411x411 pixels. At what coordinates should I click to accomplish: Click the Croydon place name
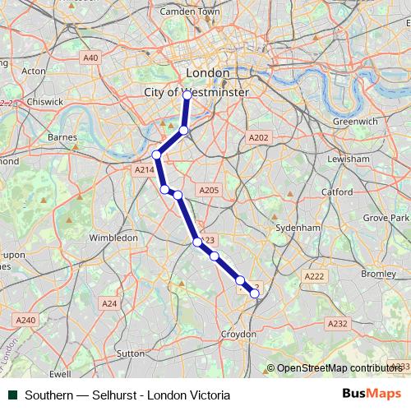(240, 335)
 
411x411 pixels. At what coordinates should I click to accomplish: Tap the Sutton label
(132, 353)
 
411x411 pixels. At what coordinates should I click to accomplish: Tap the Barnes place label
(63, 136)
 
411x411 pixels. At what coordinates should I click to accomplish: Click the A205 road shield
(209, 190)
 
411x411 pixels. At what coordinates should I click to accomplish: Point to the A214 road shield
(144, 169)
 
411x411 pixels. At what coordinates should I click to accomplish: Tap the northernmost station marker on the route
(187, 95)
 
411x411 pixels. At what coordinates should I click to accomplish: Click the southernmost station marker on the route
(255, 293)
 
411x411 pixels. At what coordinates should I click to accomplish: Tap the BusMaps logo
(376, 394)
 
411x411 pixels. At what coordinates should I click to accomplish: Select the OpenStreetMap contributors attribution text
(338, 367)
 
